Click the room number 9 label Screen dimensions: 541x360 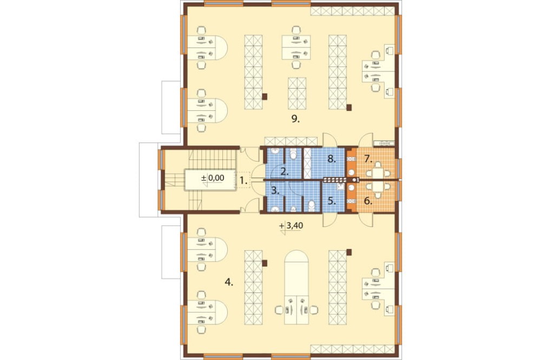pos(295,119)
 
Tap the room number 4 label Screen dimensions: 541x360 pos(229,282)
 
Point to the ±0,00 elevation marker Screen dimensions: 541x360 pos(213,178)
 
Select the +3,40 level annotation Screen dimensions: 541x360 pos(291,226)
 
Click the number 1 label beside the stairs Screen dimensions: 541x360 pos(243,181)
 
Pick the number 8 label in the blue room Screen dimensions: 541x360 pos(332,159)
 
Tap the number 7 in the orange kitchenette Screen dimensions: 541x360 pos(368,159)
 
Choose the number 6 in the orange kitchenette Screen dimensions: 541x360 pos(368,201)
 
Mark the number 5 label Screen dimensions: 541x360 pos(332,201)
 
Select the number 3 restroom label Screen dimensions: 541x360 pos(275,190)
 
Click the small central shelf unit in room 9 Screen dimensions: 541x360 pos(297,94)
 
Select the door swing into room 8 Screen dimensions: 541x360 pos(329,139)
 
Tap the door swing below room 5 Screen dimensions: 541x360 pos(329,220)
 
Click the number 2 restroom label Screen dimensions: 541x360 pos(285,171)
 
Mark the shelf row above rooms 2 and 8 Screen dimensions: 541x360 pos(291,142)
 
